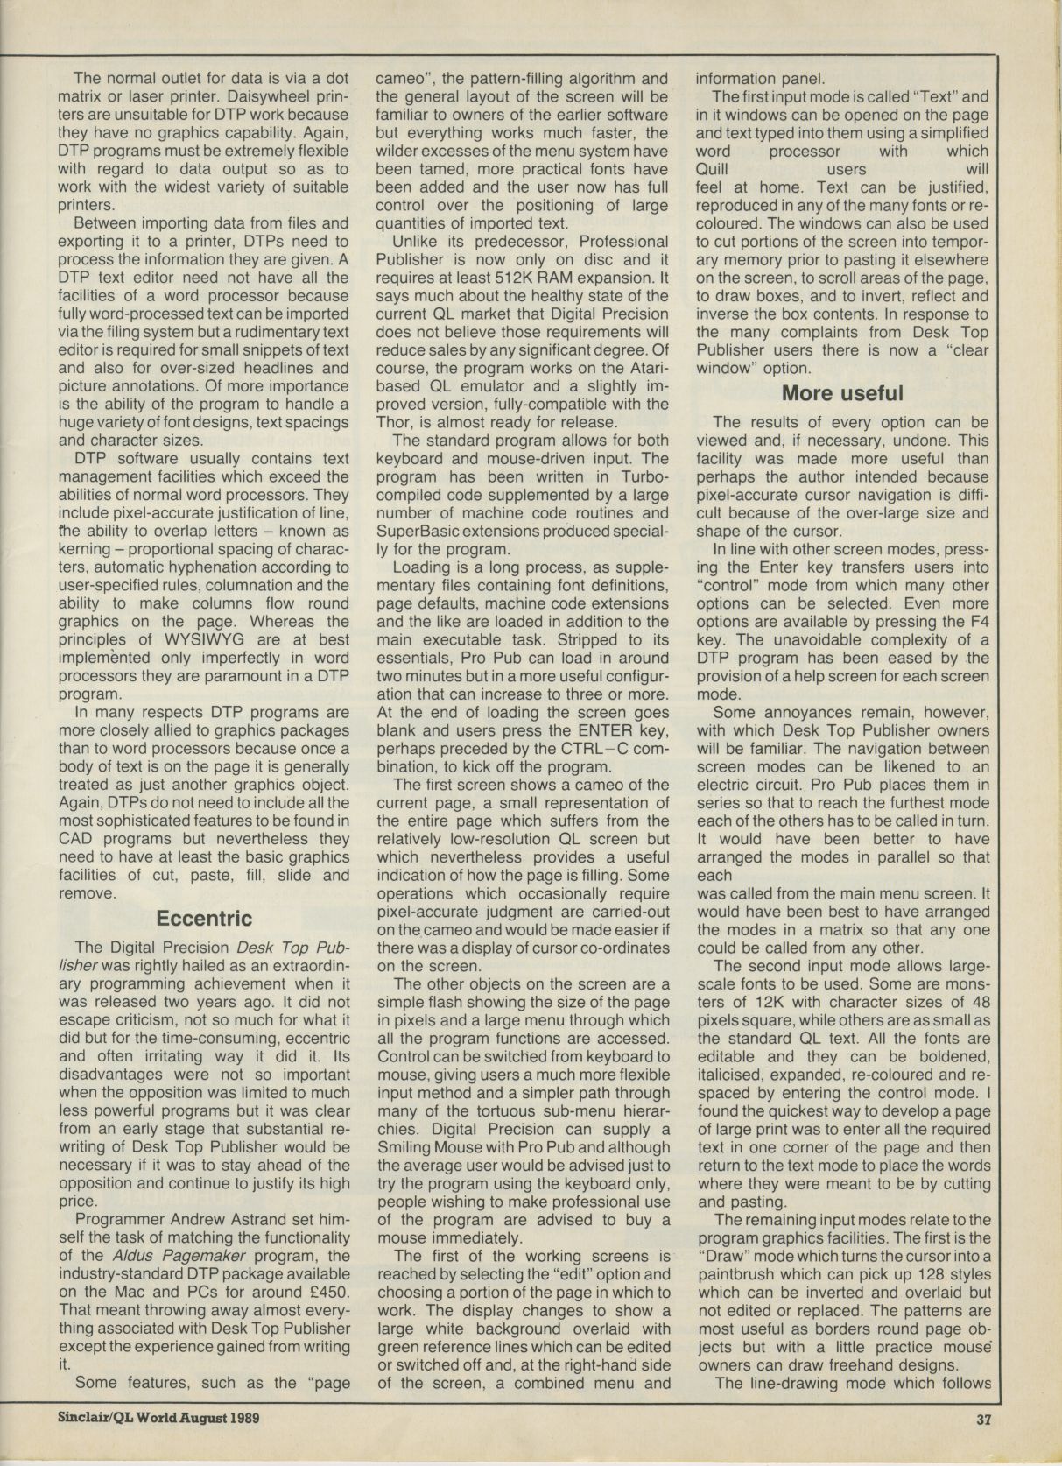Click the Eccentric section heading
(203, 919)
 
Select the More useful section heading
(842, 393)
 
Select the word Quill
(715, 169)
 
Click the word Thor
(394, 421)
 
